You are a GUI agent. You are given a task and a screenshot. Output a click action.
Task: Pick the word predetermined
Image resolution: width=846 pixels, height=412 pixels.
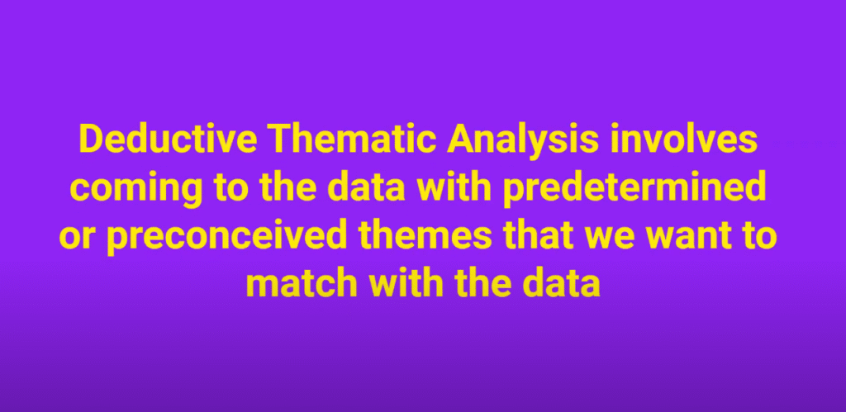[x=634, y=187]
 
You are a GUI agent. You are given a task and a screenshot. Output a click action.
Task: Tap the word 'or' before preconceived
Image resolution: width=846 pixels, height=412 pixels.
[x=79, y=238]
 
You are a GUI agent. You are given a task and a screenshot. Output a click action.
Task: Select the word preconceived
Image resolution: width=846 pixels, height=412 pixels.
[x=226, y=239]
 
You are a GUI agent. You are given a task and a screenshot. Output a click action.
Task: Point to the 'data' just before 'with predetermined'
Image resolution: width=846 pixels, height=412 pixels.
[x=366, y=187]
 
